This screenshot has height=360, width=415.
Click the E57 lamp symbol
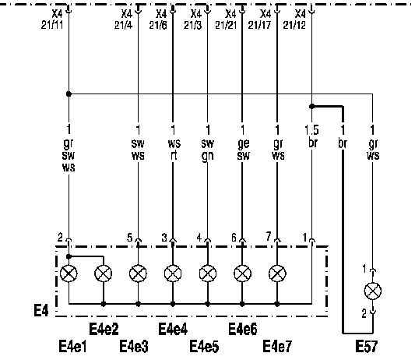[373, 291]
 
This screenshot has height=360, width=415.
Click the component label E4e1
[72, 347]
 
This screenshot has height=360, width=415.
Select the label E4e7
[277, 347]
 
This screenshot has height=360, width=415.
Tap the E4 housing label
[41, 310]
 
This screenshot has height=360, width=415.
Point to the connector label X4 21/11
[53, 19]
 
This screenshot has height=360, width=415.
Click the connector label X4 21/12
[294, 19]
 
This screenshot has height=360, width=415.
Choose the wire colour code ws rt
[174, 150]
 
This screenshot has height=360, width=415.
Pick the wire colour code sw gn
[207, 150]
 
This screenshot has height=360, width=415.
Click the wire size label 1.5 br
[311, 136]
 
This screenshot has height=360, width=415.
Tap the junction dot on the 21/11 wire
[69, 94]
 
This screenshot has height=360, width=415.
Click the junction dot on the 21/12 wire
[312, 107]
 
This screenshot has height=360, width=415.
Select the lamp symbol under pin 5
[138, 274]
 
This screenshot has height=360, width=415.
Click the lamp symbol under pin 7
[277, 274]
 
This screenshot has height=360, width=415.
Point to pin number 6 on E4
[234, 238]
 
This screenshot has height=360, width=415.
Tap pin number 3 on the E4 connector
[164, 238]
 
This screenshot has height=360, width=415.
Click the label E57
[367, 347]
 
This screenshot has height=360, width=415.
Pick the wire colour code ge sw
[243, 150]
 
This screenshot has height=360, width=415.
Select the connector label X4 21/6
[158, 19]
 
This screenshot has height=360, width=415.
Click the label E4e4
[173, 330]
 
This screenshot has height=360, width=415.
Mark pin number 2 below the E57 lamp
[364, 314]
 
